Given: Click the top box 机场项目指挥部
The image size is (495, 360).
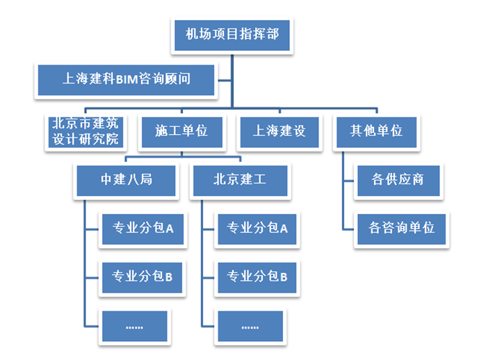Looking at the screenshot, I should click(232, 33).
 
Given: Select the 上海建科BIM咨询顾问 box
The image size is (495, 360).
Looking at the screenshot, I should click(126, 79).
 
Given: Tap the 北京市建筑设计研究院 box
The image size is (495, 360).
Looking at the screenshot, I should click(85, 130).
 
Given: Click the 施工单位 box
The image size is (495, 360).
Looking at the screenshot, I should click(181, 129).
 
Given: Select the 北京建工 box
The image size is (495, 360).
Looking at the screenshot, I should click(239, 179).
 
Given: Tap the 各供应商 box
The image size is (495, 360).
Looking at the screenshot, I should click(397, 179).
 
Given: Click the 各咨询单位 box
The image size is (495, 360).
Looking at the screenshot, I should click(397, 227).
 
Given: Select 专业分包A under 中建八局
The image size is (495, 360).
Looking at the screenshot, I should click(142, 227).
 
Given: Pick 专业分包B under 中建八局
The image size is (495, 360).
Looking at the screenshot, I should click(142, 277).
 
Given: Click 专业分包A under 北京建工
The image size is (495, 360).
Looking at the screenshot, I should click(257, 227).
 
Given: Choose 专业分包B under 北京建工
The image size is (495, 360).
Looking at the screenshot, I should click(257, 277).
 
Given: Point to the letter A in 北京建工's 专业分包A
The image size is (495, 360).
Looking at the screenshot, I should click(284, 228).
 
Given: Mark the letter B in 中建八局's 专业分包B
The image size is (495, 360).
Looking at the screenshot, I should click(168, 277).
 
